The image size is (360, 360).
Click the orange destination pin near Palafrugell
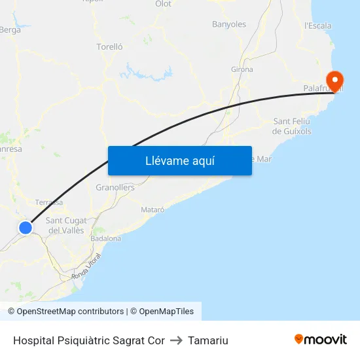click(334, 82)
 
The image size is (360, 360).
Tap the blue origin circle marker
click(26, 228)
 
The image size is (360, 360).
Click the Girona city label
click(242, 69)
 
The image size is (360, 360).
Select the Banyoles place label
click(229, 24)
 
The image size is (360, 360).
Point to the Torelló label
click(109, 46)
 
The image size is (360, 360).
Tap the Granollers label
click(115, 187)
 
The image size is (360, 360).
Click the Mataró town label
click(153, 209)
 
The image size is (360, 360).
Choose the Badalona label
click(106, 238)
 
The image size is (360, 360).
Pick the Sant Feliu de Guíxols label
click(292, 126)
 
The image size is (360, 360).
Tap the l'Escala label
click(318, 26)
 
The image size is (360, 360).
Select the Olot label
click(163, 4)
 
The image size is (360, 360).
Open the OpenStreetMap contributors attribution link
click(70, 312)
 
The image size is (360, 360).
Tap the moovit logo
click(321, 340)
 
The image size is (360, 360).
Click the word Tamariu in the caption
click(208, 340)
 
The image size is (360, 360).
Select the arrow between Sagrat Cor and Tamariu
click(176, 340)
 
